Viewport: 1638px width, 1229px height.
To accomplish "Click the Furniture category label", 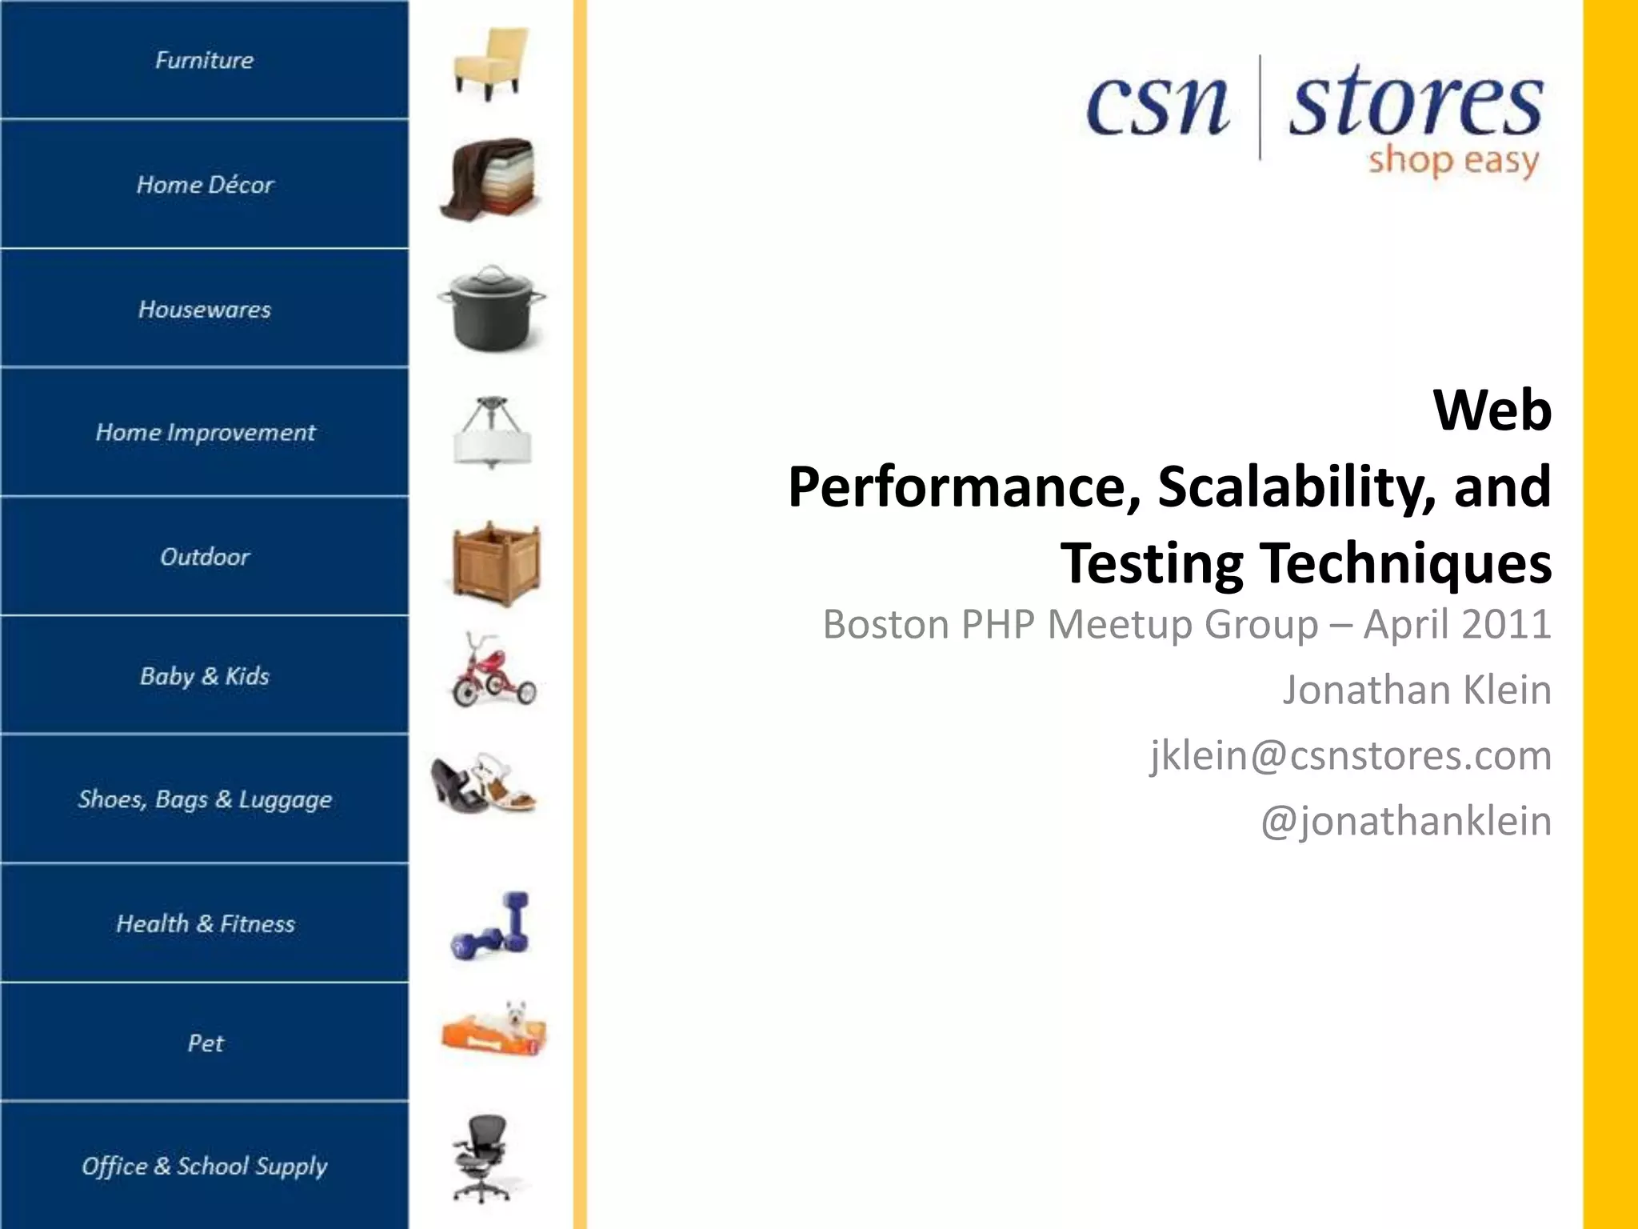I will (204, 60).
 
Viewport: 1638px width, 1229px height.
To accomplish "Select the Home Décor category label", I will (205, 185).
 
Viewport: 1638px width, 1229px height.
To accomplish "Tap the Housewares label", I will (205, 310).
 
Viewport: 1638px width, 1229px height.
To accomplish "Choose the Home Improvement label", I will (205, 433).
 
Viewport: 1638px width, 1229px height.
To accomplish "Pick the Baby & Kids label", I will (205, 676).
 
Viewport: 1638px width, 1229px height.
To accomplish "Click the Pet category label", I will (205, 1043).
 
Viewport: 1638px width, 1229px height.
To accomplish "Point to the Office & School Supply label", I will (205, 1166).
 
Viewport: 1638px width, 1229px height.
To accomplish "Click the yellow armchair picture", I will (490, 62).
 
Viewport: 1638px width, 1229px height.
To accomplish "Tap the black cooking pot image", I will (491, 309).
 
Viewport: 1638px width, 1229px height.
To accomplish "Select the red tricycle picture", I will (492, 672).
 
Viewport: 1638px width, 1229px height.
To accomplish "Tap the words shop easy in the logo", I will (1453, 161).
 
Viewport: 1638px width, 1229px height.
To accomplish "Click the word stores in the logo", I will (1416, 104).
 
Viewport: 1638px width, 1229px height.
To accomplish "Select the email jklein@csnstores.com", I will (1351, 755).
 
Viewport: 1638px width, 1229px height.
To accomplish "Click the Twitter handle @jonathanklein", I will (1406, 821).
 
